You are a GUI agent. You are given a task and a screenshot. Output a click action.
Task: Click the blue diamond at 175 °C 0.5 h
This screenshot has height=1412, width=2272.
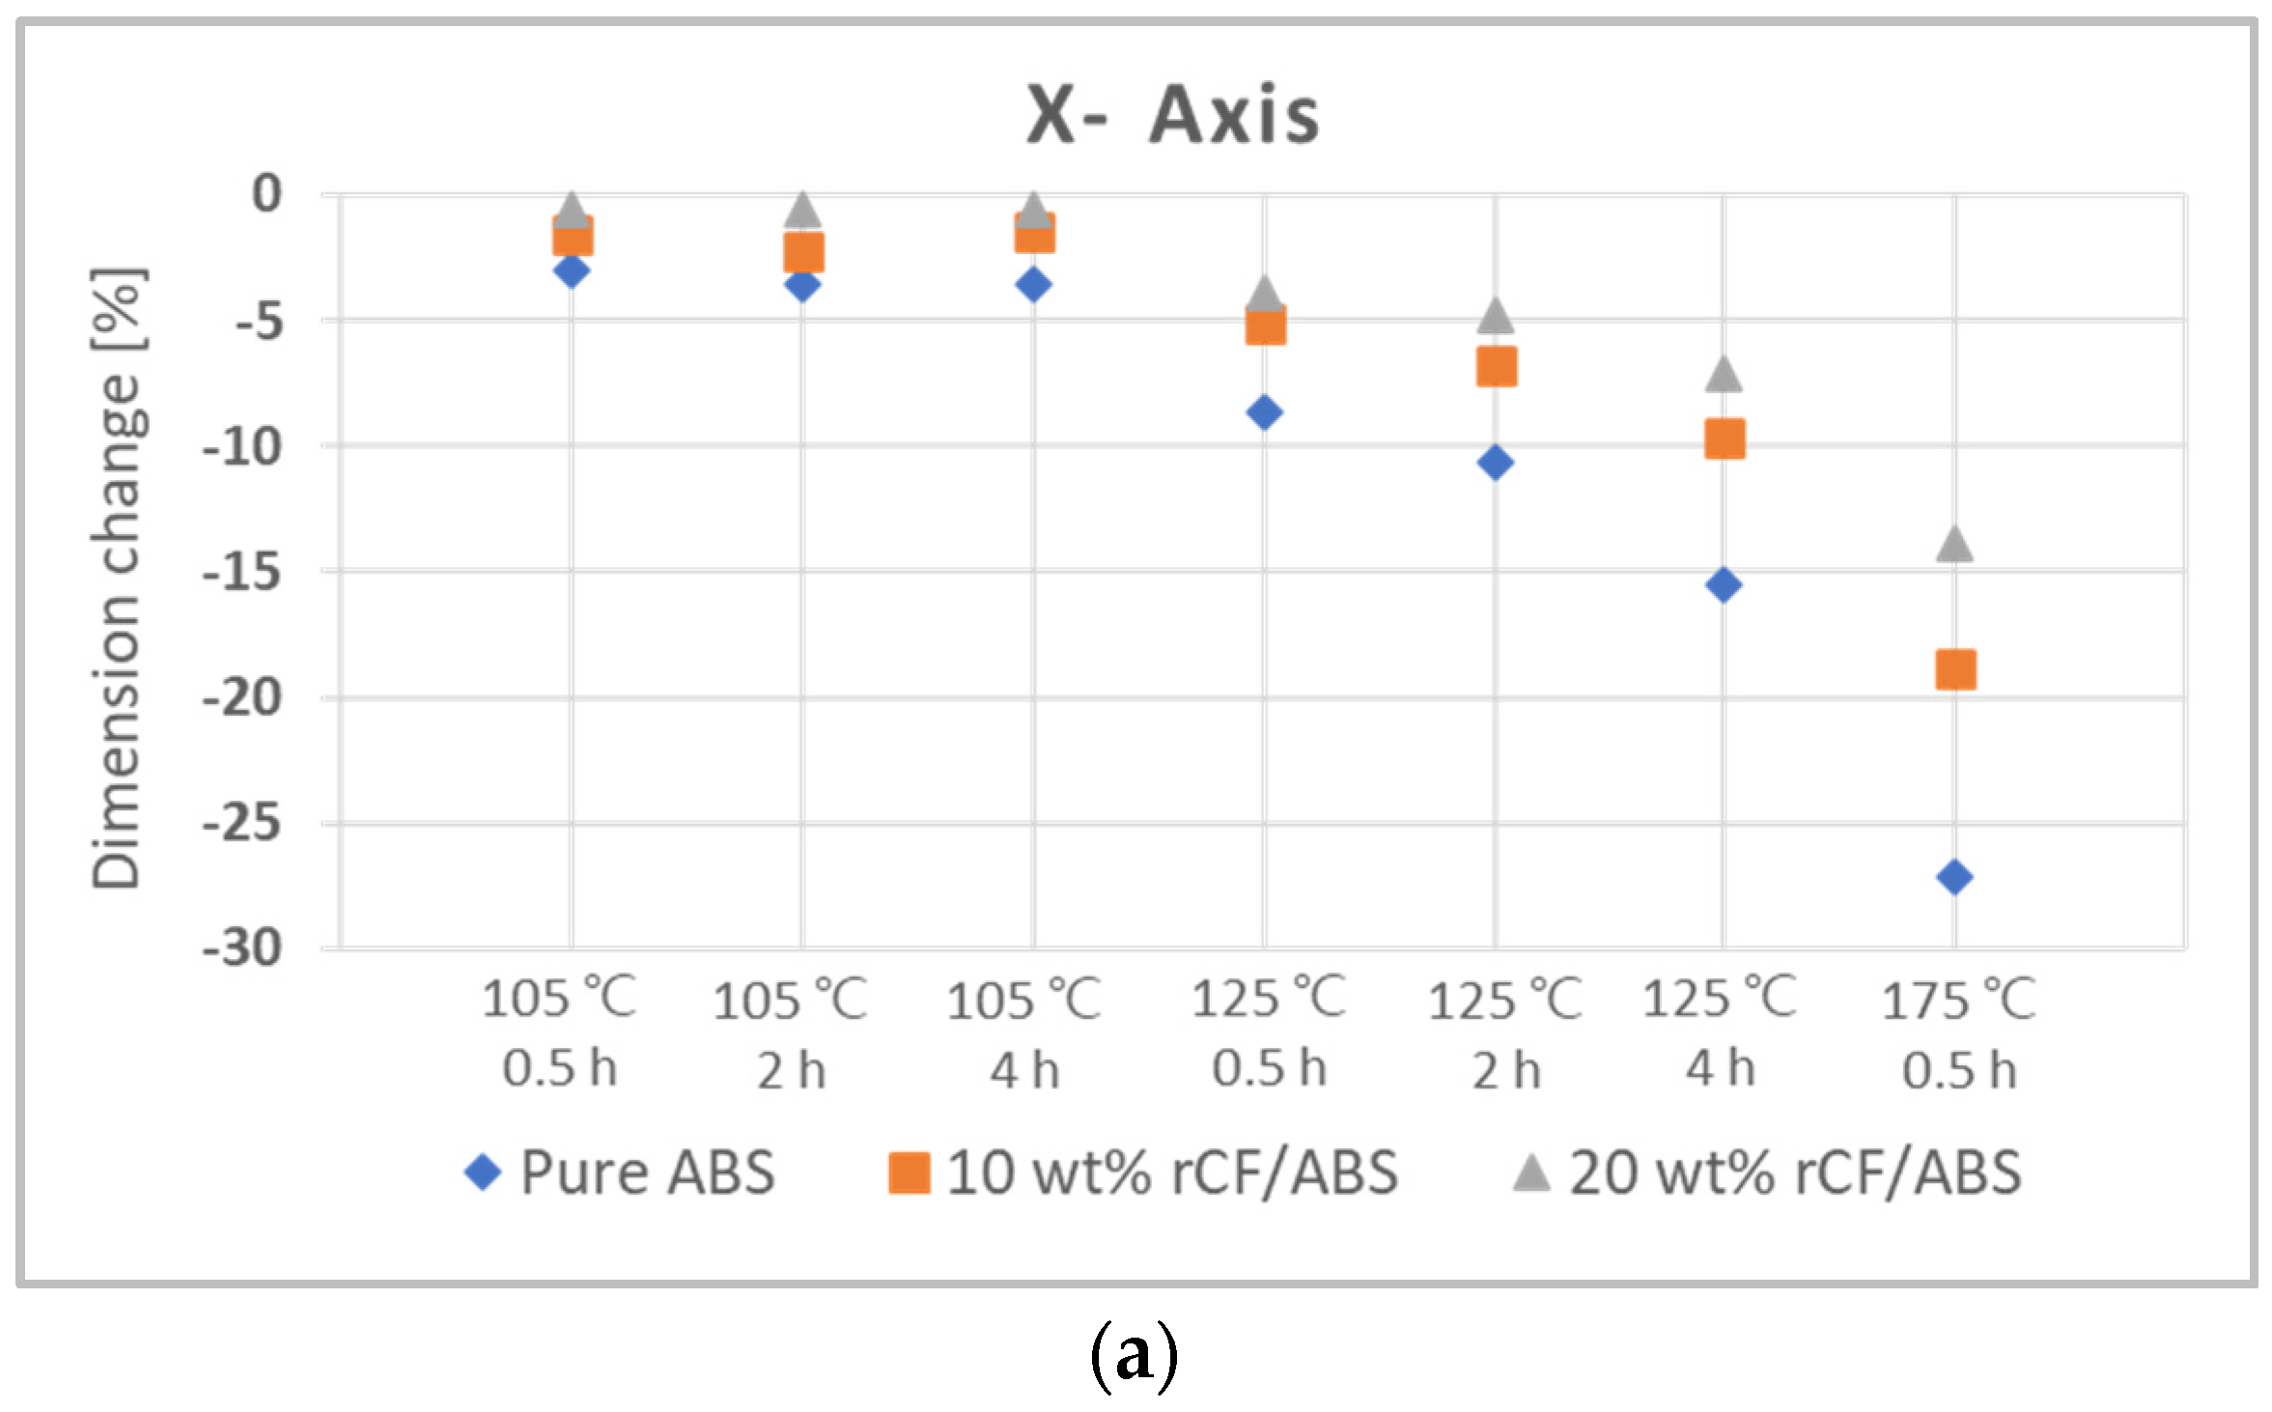pyautogui.click(x=1954, y=877)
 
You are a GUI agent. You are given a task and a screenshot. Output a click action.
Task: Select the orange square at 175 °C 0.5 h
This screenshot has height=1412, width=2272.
pyautogui.click(x=1955, y=669)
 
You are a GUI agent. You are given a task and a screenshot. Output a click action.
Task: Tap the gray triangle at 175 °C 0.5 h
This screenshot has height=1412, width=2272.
pyautogui.click(x=1954, y=545)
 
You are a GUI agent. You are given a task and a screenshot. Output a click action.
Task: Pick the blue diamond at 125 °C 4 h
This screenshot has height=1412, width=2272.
pyautogui.click(x=1724, y=584)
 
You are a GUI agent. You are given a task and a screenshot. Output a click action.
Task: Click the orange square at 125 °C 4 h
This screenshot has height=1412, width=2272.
pyautogui.click(x=1725, y=439)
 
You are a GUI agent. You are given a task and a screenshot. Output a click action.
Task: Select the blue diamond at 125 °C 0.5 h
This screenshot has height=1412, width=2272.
pyautogui.click(x=1264, y=412)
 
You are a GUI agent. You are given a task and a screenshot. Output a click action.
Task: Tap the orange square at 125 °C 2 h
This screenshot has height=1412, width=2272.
pyautogui.click(x=1496, y=367)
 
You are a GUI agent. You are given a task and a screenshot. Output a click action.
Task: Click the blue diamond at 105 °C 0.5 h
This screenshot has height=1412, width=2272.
pyautogui.click(x=572, y=270)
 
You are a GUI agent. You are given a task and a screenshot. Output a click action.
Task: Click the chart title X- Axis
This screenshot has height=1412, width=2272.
pyautogui.click(x=1172, y=115)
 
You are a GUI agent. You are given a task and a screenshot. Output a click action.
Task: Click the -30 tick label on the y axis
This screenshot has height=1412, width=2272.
pyautogui.click(x=242, y=948)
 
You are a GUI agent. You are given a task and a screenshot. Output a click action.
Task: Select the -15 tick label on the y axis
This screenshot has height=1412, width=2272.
pyautogui.click(x=242, y=573)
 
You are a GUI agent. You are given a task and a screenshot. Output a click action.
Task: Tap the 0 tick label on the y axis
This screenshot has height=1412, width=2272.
pyautogui.click(x=266, y=194)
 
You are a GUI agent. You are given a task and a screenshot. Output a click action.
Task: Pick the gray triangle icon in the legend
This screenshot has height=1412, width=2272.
pyautogui.click(x=1531, y=1173)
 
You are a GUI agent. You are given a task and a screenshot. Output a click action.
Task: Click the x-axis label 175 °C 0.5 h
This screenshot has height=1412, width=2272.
pyautogui.click(x=1958, y=1035)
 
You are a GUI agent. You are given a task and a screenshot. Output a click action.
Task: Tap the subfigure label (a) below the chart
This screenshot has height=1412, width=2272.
pyautogui.click(x=1135, y=1356)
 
